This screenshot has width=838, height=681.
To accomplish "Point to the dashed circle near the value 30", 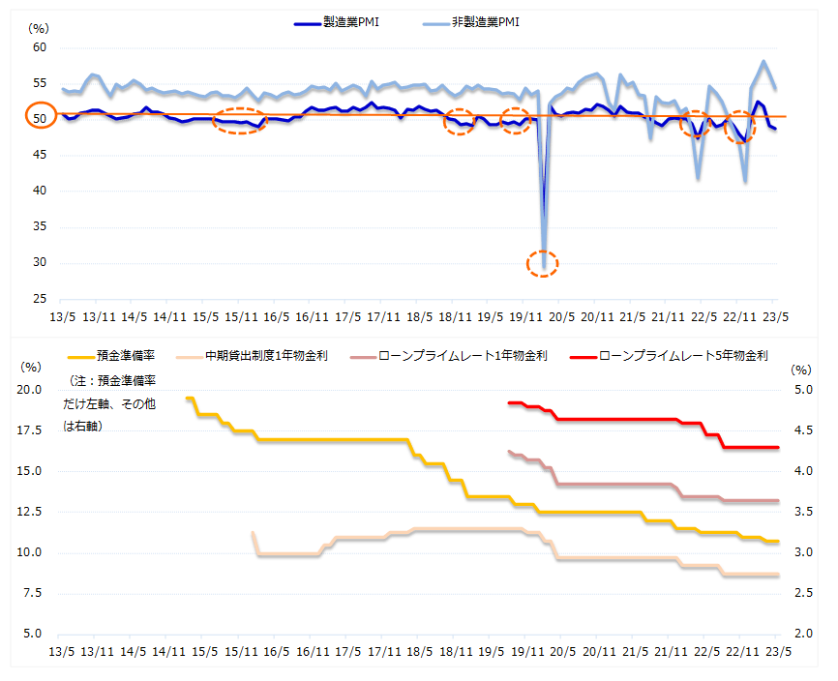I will click(x=543, y=262).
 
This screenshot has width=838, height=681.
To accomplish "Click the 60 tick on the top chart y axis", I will click(x=40, y=47).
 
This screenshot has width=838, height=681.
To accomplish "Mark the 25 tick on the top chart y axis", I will click(x=40, y=299).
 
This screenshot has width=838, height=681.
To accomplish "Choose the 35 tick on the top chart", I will click(x=40, y=227).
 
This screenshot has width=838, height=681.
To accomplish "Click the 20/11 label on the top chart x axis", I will click(x=598, y=316).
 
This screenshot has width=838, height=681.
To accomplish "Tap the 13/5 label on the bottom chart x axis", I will click(x=61, y=651).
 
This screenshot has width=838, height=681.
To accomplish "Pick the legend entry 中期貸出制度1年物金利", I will click(x=266, y=356).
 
